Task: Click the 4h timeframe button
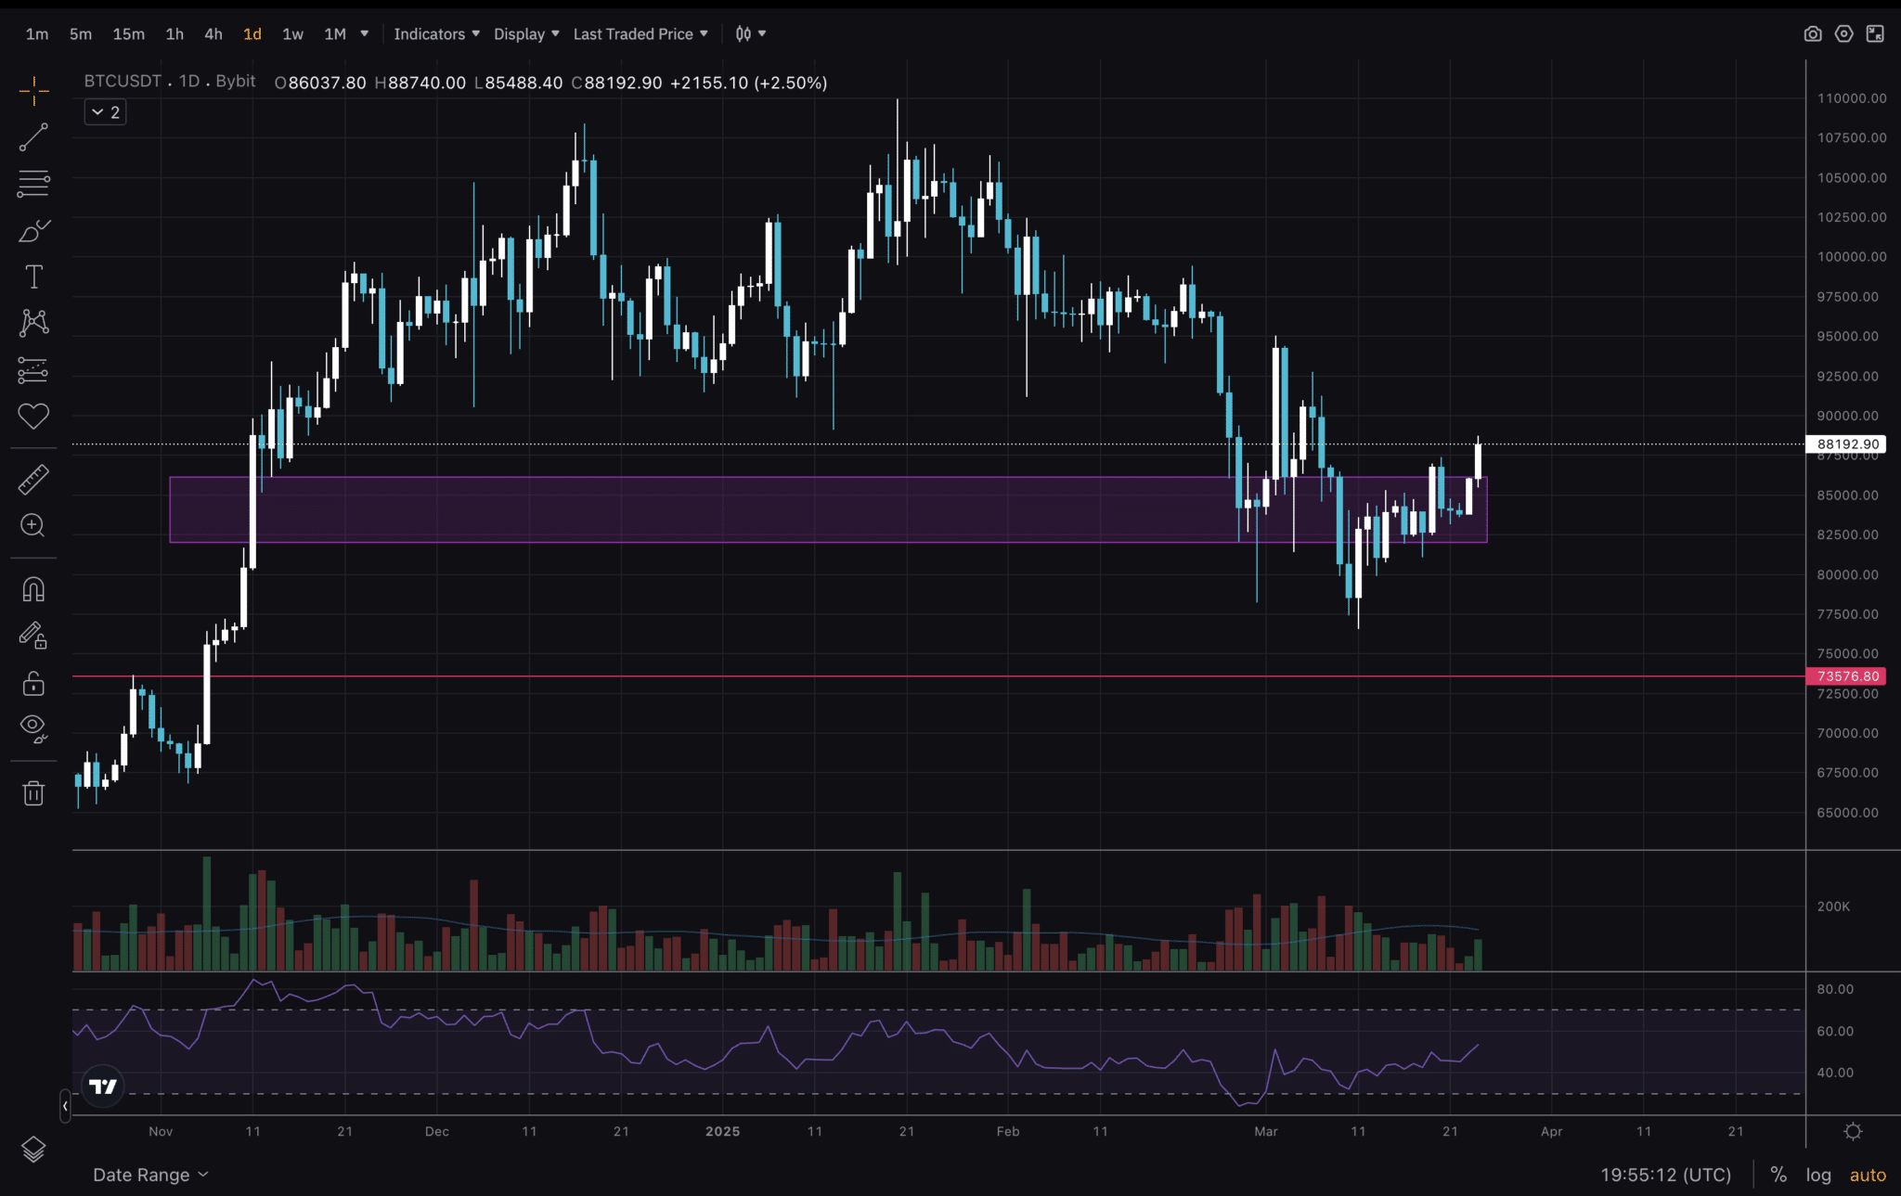213,34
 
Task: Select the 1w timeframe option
292,34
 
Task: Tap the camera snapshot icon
1812,34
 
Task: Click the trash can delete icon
33,793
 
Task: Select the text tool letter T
33,276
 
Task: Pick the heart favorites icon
33,417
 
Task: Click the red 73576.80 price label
1847,676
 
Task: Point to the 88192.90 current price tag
1847,444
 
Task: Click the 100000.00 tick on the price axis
1851,257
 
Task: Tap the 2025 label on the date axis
722,1131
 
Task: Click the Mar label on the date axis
1266,1131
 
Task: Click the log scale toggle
1818,1175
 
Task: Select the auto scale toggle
1868,1175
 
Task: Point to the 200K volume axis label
1833,907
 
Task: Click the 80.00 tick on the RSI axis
1835,989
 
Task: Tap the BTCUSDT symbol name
123,82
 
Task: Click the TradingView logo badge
102,1087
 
